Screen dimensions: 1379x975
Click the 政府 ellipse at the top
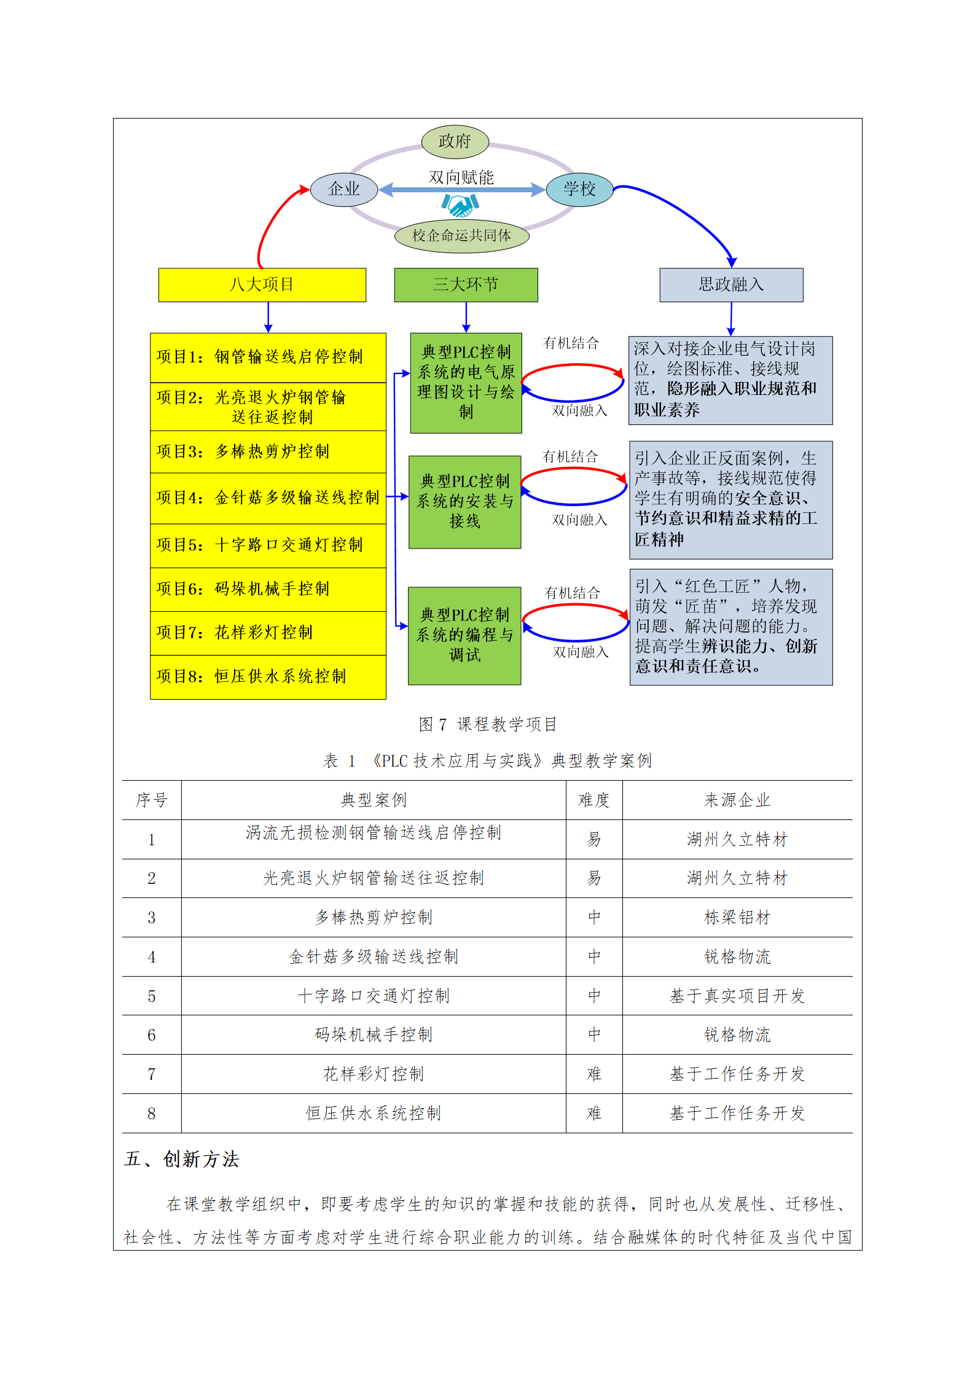(x=455, y=142)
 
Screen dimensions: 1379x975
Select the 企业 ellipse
(x=344, y=189)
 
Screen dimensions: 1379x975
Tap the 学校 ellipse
(x=579, y=189)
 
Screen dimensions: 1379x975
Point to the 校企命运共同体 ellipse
(x=461, y=236)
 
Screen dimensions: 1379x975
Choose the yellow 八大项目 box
(x=262, y=285)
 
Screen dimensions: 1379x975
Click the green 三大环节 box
(x=466, y=285)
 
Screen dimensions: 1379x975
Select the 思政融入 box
(x=731, y=285)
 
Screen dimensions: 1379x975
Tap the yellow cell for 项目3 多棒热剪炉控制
(x=268, y=452)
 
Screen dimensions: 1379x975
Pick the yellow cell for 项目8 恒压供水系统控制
(x=268, y=677)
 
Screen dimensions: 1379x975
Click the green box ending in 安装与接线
(x=464, y=502)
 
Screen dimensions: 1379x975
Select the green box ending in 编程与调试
(x=464, y=636)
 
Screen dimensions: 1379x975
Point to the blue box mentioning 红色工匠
(x=731, y=627)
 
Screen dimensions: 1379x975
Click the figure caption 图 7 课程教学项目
(x=488, y=725)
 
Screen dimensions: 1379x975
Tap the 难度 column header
(x=593, y=800)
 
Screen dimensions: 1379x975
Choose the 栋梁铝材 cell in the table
(x=737, y=918)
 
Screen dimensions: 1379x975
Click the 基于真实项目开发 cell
(x=737, y=996)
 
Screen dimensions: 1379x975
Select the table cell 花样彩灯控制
(x=374, y=1074)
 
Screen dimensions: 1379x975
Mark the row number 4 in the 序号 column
(x=152, y=957)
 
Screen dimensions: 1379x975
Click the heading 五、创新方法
(x=182, y=1160)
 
